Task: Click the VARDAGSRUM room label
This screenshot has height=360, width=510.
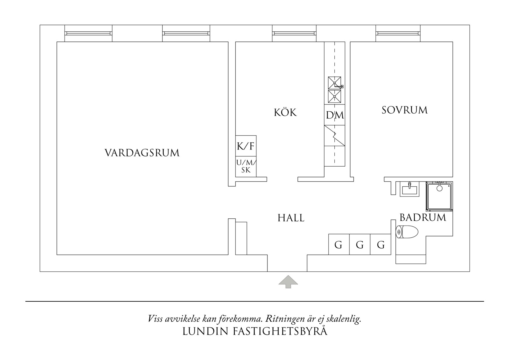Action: click(142, 153)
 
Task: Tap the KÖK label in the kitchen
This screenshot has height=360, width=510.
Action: click(285, 113)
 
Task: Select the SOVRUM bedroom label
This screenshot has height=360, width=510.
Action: click(404, 110)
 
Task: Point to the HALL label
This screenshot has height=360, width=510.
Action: click(291, 218)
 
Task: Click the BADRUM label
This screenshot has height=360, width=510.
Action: click(422, 217)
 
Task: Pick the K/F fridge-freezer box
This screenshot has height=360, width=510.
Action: click(246, 146)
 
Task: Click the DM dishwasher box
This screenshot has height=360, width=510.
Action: click(335, 115)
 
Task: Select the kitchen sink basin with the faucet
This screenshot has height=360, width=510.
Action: click(334, 83)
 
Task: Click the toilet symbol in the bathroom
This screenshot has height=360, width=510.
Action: click(407, 232)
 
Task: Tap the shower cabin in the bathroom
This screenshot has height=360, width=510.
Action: click(439, 196)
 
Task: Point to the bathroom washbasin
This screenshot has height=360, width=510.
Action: click(409, 189)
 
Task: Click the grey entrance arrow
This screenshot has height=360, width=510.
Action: click(288, 282)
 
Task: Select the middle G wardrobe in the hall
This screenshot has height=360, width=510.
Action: click(360, 245)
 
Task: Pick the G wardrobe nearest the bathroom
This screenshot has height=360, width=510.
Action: click(381, 245)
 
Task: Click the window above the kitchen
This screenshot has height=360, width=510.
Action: click(294, 33)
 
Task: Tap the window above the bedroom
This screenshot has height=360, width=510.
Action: click(398, 33)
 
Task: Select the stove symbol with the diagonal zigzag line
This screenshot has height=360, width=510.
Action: click(335, 136)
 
